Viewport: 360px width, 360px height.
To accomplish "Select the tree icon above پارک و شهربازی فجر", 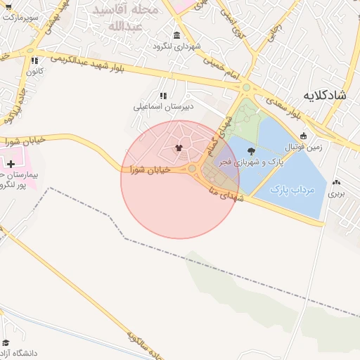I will tap(252, 150).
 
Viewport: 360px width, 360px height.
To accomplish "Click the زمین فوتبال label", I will tap(304, 147).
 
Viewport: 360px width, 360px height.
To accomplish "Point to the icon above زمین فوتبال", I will tap(303, 136).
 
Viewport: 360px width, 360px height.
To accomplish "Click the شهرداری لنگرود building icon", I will tap(176, 35).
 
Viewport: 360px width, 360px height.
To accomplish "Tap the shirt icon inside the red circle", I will tap(179, 148).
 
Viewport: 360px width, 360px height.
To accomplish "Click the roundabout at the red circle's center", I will tap(192, 169).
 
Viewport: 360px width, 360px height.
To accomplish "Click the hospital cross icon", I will tap(11, 164).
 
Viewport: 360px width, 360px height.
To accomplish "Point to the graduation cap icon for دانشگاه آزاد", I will tap(6, 342).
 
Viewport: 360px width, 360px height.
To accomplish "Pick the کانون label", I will tap(35, 71).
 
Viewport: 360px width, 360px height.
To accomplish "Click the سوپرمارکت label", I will tap(22, 15).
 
